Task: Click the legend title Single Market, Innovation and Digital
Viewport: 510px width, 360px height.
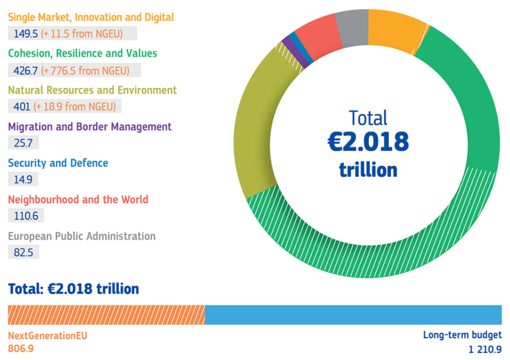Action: click(x=90, y=17)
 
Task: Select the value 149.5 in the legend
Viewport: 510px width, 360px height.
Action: click(x=26, y=33)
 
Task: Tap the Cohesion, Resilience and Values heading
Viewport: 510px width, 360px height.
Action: click(x=82, y=54)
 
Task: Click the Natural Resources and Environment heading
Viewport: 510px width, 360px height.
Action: click(x=92, y=90)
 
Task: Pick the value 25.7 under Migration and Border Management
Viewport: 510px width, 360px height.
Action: click(x=24, y=142)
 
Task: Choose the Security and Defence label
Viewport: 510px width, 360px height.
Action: click(x=58, y=163)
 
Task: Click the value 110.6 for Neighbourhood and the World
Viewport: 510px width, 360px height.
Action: click(x=27, y=215)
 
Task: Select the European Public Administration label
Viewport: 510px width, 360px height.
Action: click(x=82, y=236)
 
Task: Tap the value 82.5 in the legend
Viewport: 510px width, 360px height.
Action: click(x=24, y=252)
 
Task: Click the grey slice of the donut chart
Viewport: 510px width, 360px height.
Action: click(x=352, y=26)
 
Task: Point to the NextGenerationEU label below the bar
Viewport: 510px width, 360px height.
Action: click(x=47, y=335)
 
